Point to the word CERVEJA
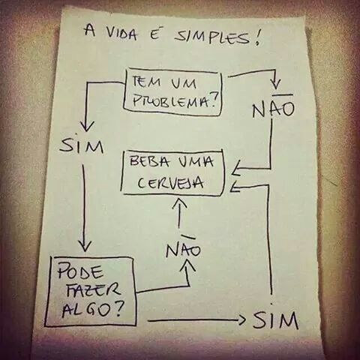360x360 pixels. [170, 183]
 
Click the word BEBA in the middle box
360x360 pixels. [147, 161]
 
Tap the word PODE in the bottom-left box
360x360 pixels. [80, 271]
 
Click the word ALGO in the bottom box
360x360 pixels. [85, 310]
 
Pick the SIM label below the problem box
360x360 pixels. [82, 145]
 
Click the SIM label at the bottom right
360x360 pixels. [275, 320]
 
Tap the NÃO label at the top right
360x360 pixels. [273, 107]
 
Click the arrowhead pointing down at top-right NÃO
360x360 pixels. [275, 84]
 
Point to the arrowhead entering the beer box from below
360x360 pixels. [179, 202]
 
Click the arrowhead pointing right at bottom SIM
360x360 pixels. [242, 320]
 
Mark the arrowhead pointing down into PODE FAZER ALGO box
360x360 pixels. [85, 245]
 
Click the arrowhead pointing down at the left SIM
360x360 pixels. [87, 127]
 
